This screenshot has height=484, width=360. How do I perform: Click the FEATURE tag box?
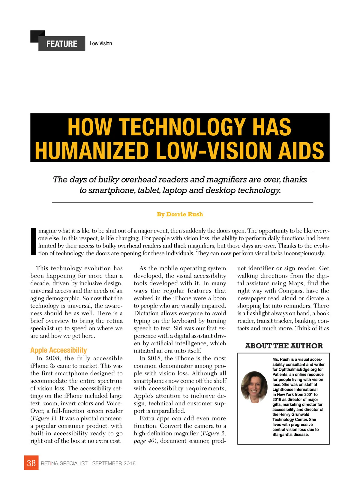[61, 44]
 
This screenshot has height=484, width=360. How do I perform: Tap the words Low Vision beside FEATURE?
[100, 44]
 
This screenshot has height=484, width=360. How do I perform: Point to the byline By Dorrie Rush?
[180, 214]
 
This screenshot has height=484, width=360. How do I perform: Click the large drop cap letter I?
[33, 242]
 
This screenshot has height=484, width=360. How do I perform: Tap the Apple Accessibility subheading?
[58, 350]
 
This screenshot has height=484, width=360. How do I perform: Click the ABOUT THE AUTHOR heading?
[284, 346]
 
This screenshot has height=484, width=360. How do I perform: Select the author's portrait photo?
[254, 387]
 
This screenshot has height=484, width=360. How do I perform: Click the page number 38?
[31, 463]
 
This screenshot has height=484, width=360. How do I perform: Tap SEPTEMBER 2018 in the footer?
[114, 463]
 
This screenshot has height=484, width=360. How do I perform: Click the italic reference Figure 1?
[44, 418]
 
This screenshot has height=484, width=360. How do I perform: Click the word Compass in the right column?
[290, 291]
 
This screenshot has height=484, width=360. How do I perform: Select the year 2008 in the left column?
[52, 358]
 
